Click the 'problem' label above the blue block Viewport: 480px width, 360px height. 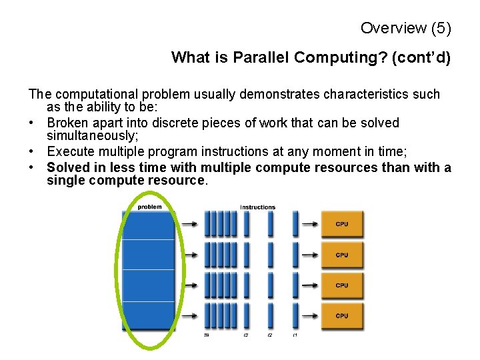(x=149, y=207)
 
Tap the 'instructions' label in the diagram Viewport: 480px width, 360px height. (x=257, y=207)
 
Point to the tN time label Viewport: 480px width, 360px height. (x=207, y=335)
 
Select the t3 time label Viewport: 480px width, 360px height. (x=246, y=335)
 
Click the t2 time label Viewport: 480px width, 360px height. (x=270, y=335)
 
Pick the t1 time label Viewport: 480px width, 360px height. (x=294, y=335)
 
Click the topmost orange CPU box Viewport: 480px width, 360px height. (x=343, y=225)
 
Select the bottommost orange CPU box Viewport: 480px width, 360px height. (x=343, y=316)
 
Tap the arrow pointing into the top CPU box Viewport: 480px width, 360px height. (x=309, y=225)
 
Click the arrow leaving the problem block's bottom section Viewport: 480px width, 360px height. (x=189, y=316)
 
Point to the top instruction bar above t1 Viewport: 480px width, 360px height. (x=294, y=224)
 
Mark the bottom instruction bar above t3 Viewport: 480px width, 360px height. (x=246, y=315)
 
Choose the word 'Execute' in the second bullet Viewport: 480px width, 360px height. (x=70, y=152)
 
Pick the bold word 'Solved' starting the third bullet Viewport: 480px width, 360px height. (x=67, y=167)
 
